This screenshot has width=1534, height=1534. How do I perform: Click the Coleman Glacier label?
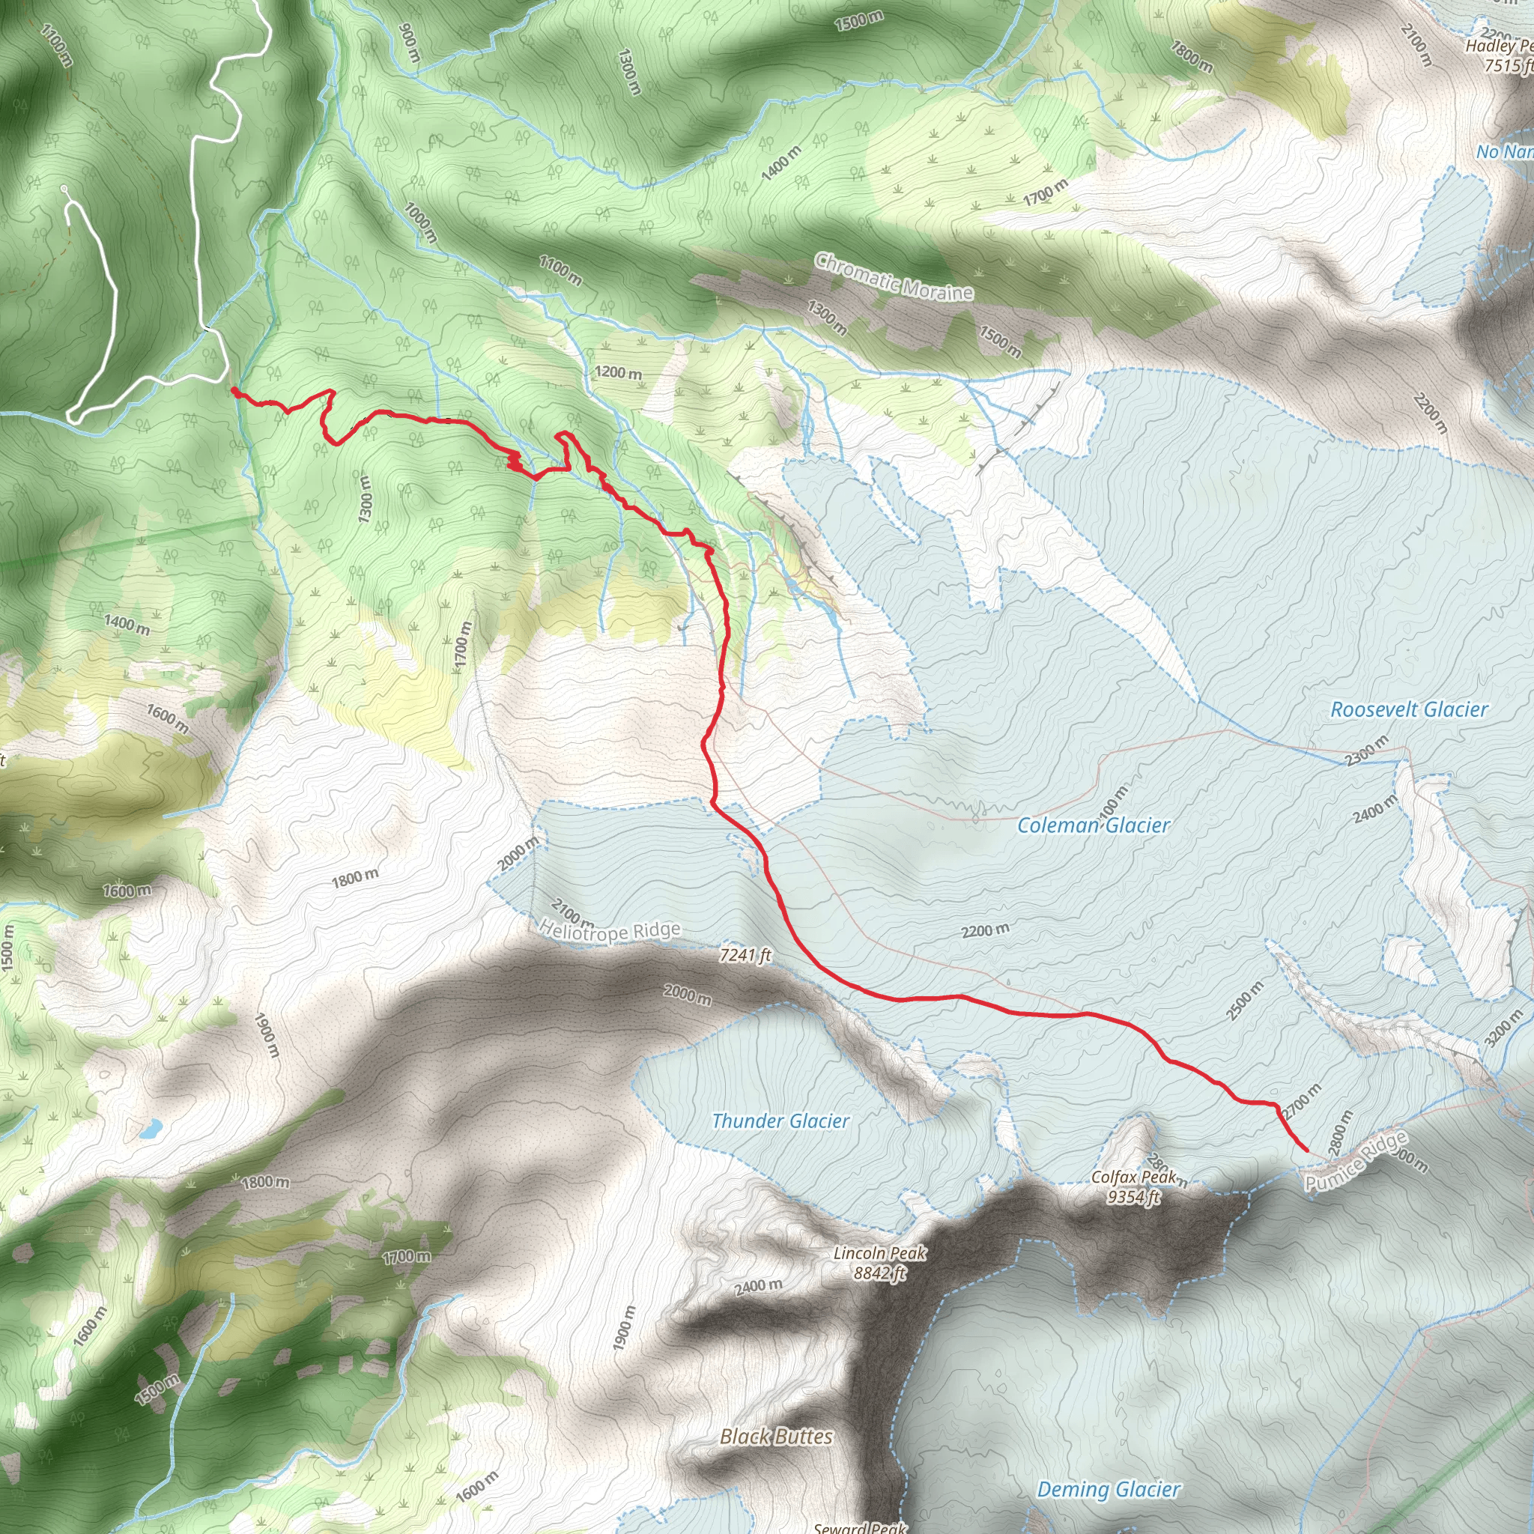(x=1094, y=825)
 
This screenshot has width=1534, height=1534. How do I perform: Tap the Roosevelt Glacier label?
(x=1409, y=710)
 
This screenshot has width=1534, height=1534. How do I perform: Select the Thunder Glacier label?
(x=780, y=1121)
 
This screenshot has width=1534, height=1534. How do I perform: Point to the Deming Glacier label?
(x=1109, y=1490)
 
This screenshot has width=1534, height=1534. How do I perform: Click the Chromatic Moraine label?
(x=894, y=277)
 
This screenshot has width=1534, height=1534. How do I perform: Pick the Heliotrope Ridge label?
(x=610, y=930)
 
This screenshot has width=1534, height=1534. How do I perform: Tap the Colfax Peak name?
(x=1133, y=1177)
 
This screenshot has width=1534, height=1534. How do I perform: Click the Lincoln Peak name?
(x=880, y=1253)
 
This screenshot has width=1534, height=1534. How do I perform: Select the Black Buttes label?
(x=777, y=1437)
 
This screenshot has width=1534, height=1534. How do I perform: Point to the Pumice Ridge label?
(x=1356, y=1162)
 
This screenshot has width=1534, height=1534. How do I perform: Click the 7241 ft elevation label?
(x=745, y=955)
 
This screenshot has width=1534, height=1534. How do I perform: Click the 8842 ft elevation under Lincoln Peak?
(x=880, y=1273)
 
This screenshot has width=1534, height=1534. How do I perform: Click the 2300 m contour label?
(x=1366, y=751)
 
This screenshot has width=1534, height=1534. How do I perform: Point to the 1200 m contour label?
(x=618, y=372)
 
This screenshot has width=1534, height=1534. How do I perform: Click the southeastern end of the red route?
(x=1307, y=1150)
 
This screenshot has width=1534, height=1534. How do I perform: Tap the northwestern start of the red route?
(x=234, y=389)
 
